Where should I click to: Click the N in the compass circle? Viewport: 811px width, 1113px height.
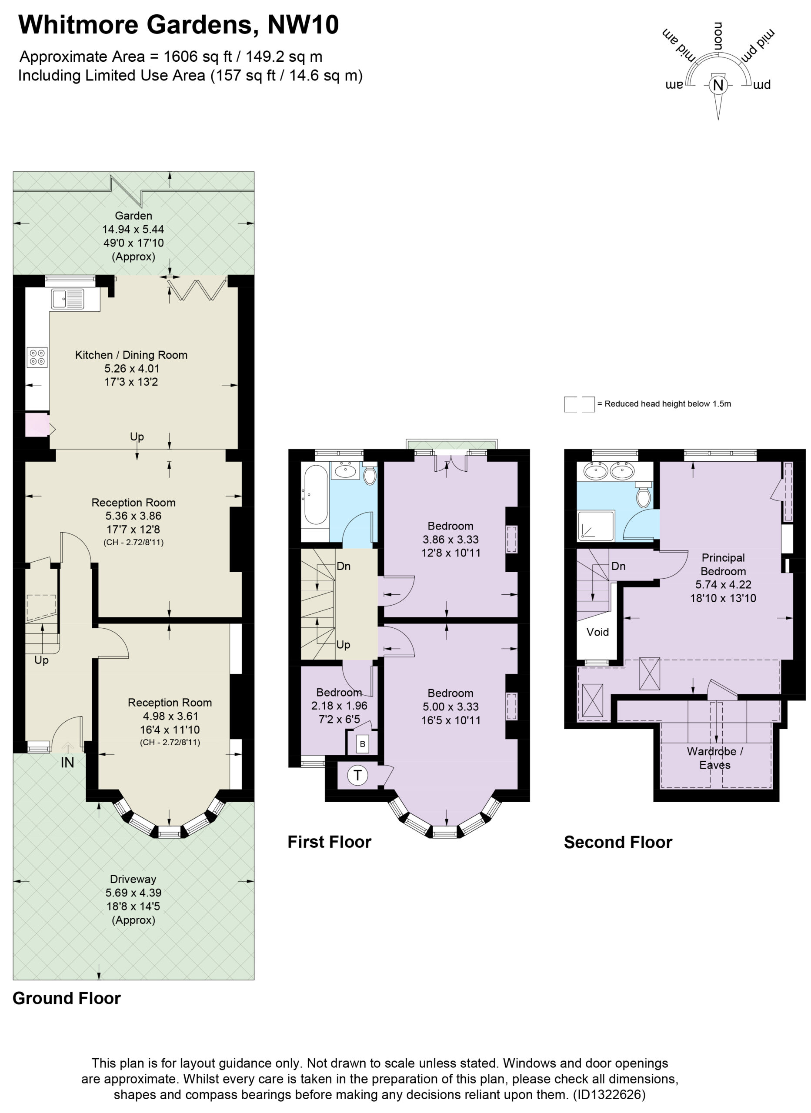tap(718, 85)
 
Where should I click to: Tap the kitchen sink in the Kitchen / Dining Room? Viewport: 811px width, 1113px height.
tap(67, 298)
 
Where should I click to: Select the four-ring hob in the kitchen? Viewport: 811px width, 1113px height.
tap(37, 357)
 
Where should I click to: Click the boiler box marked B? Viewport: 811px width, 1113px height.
tap(362, 744)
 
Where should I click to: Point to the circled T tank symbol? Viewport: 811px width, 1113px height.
tap(357, 775)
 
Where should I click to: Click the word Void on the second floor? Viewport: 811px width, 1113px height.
tap(597, 632)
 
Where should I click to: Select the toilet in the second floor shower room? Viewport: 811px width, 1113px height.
tap(643, 494)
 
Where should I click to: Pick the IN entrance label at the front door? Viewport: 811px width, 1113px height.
tap(67, 763)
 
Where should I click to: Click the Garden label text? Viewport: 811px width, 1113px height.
tap(133, 216)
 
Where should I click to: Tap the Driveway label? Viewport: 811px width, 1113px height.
tap(133, 880)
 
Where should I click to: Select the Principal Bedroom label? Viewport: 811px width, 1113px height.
tap(723, 564)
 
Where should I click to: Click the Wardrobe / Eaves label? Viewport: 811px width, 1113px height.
tap(715, 758)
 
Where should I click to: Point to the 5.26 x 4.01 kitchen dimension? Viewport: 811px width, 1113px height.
tap(132, 369)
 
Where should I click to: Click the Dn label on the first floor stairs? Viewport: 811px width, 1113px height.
tap(344, 566)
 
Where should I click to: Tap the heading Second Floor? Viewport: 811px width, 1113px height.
tap(618, 843)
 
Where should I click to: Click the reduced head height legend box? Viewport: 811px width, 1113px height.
tap(579, 404)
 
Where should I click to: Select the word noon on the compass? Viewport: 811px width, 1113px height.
tap(718, 37)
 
